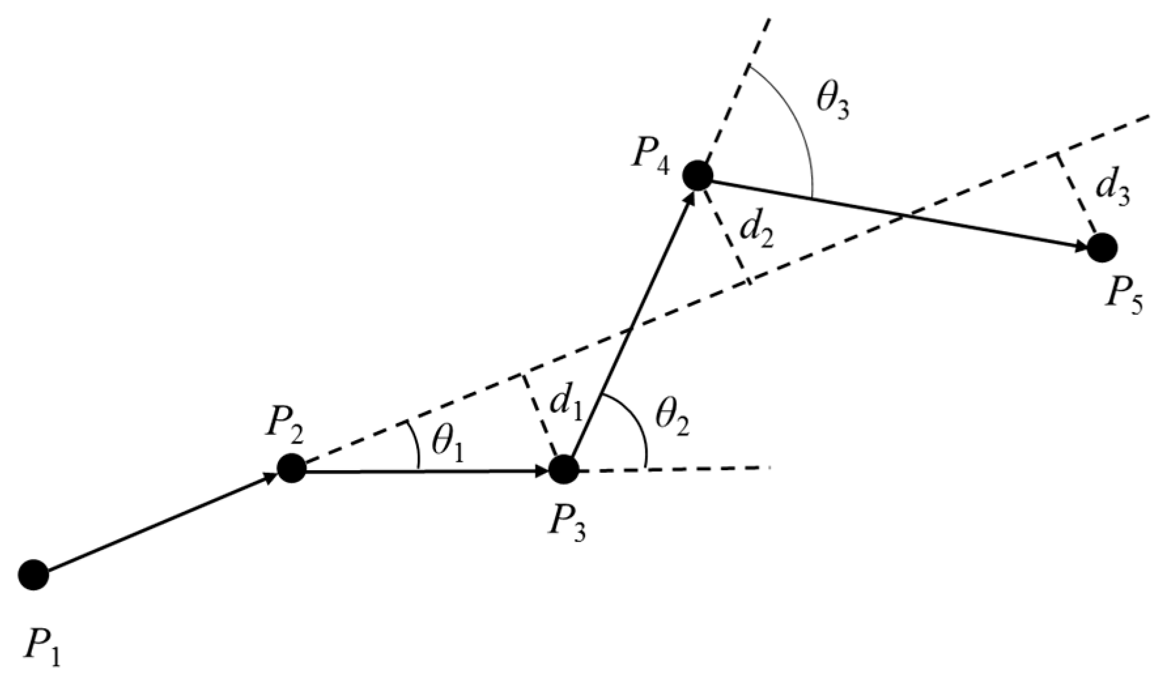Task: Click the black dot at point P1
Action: pos(33,574)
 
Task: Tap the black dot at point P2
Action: pos(292,468)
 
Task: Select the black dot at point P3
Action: pos(563,469)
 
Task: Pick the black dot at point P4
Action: pos(697,175)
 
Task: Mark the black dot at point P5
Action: pos(1102,247)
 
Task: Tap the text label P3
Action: pos(566,523)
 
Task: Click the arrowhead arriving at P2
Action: pos(271,477)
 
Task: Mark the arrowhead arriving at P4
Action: pos(689,197)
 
